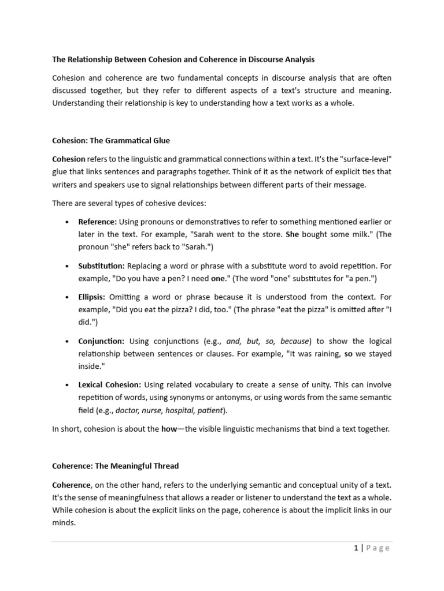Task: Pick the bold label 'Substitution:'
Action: tap(101, 266)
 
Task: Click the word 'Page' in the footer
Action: tap(378, 548)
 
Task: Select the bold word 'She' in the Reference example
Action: tap(292, 235)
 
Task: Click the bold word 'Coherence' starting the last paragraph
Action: tap(72, 485)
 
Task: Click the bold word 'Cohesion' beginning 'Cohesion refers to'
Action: tap(69, 159)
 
